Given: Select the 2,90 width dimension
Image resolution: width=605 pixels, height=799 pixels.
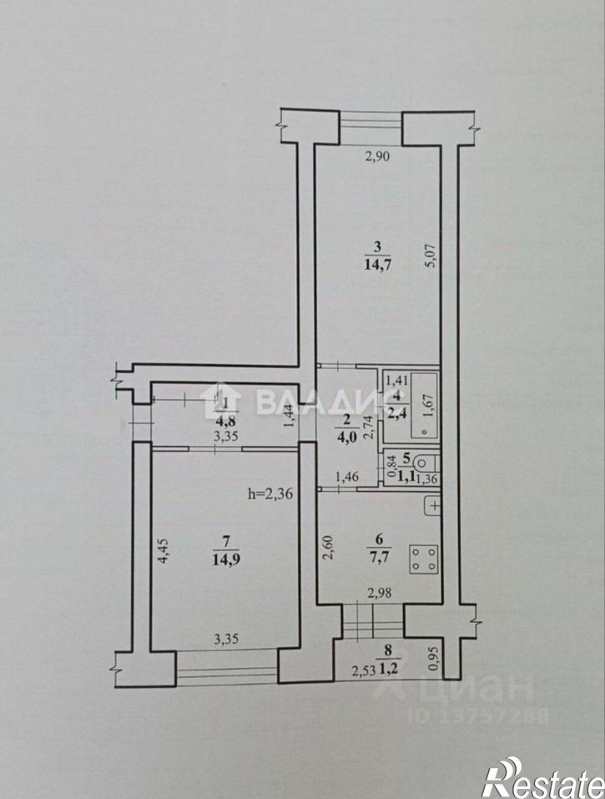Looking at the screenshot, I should tap(380, 155).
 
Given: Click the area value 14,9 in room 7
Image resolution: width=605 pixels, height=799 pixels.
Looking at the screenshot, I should tap(224, 559).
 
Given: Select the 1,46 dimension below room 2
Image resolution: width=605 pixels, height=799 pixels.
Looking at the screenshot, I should tap(347, 477).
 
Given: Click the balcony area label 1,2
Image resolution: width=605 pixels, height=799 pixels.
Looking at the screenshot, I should tap(388, 668).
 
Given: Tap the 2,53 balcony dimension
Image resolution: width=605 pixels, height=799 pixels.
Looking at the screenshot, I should tap(362, 669).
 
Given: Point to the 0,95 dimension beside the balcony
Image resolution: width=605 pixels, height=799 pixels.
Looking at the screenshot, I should tap(432, 660).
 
